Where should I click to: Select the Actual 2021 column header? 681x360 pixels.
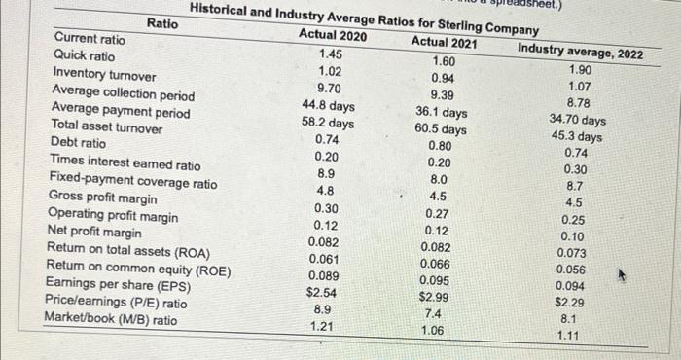(445, 42)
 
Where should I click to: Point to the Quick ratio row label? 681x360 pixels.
(83, 56)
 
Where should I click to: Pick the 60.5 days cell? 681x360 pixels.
(440, 129)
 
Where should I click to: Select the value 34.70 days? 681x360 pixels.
(577, 121)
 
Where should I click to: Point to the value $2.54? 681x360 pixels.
(322, 291)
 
